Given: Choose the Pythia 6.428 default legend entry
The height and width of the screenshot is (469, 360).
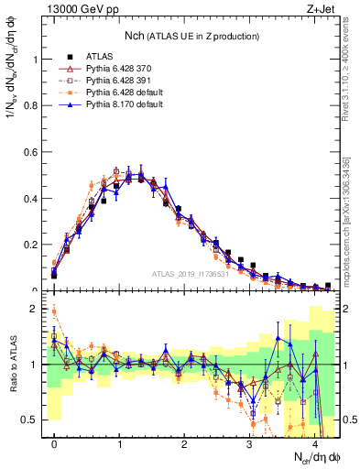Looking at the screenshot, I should [x=124, y=93].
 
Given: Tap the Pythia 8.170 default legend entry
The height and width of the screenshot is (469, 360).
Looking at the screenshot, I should [x=124, y=105].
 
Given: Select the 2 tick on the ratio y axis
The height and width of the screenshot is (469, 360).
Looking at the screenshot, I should [x=38, y=309].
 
